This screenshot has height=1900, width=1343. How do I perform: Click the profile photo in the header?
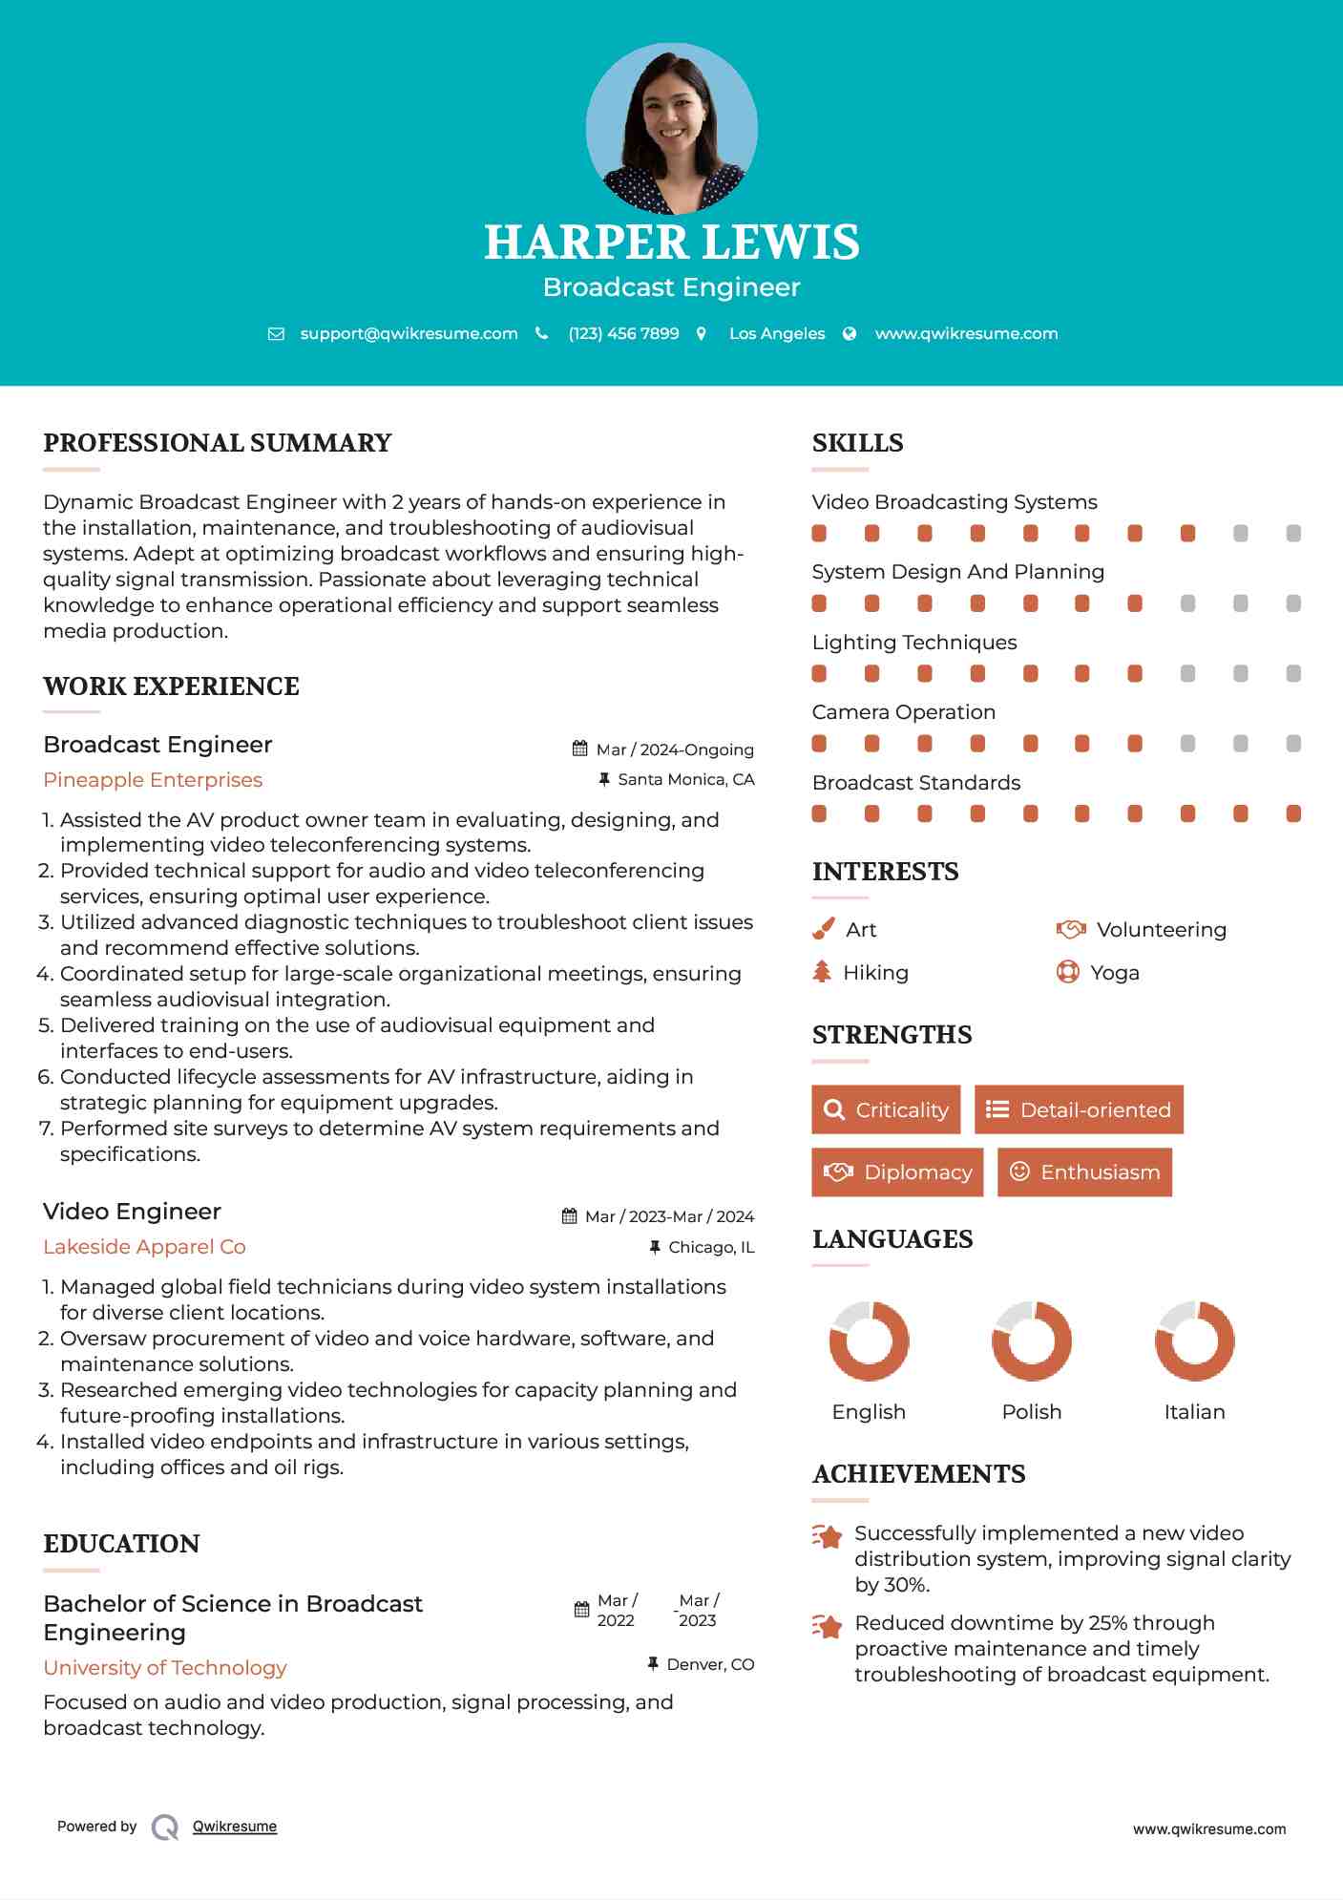[x=671, y=128]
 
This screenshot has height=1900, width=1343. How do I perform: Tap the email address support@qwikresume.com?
[x=409, y=333]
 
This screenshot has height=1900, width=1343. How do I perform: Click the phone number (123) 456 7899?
[x=623, y=333]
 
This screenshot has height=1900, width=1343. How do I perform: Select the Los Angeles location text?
[x=777, y=333]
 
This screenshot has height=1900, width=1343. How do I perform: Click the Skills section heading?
[x=857, y=443]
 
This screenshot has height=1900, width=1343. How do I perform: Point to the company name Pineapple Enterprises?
[x=153, y=780]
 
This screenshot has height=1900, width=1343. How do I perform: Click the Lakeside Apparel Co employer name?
[x=144, y=1247]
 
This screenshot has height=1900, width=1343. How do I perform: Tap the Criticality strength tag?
[x=886, y=1109]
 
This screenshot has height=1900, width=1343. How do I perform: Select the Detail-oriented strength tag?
[x=1079, y=1109]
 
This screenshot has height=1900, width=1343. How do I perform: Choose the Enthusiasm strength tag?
[x=1084, y=1172]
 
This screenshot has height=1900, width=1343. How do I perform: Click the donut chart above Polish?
[x=1032, y=1341]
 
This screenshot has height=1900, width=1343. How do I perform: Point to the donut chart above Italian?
[x=1194, y=1341]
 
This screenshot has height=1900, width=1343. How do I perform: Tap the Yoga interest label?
[x=1114, y=973]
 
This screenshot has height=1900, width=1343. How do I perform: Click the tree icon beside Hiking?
[x=822, y=972]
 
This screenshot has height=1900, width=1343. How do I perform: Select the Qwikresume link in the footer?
[x=235, y=1826]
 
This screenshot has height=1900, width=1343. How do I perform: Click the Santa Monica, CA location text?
[x=685, y=780]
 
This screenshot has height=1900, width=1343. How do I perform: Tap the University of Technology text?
[x=165, y=1668]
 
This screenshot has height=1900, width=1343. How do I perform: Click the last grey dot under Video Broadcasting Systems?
[x=1293, y=533]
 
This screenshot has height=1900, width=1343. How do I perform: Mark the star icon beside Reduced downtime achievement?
[x=828, y=1626]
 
